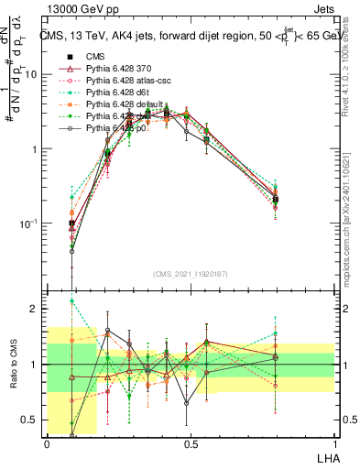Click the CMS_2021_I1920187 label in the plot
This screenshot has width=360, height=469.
pyautogui.click(x=190, y=273)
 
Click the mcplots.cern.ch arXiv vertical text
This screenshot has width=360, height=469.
pyautogui.click(x=353, y=216)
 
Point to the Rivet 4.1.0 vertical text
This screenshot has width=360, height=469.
pyautogui.click(x=353, y=64)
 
